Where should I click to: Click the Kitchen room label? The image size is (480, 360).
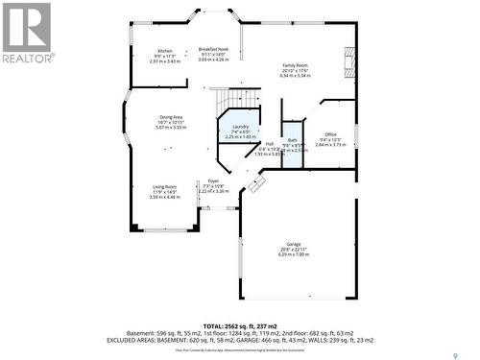[x=165, y=50]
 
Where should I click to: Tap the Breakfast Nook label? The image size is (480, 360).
[x=213, y=49]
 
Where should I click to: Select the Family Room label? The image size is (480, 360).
[x=295, y=64]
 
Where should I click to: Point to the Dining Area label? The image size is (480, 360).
[x=172, y=117]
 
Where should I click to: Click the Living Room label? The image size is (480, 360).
[x=164, y=187]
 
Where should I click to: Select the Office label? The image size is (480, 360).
[x=330, y=133]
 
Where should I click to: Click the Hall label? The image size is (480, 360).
[x=270, y=143]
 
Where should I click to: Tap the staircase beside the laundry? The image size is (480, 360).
[x=236, y=100]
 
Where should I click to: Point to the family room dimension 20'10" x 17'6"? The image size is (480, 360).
[x=295, y=69]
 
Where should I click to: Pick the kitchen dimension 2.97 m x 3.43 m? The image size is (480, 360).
[x=165, y=61]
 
